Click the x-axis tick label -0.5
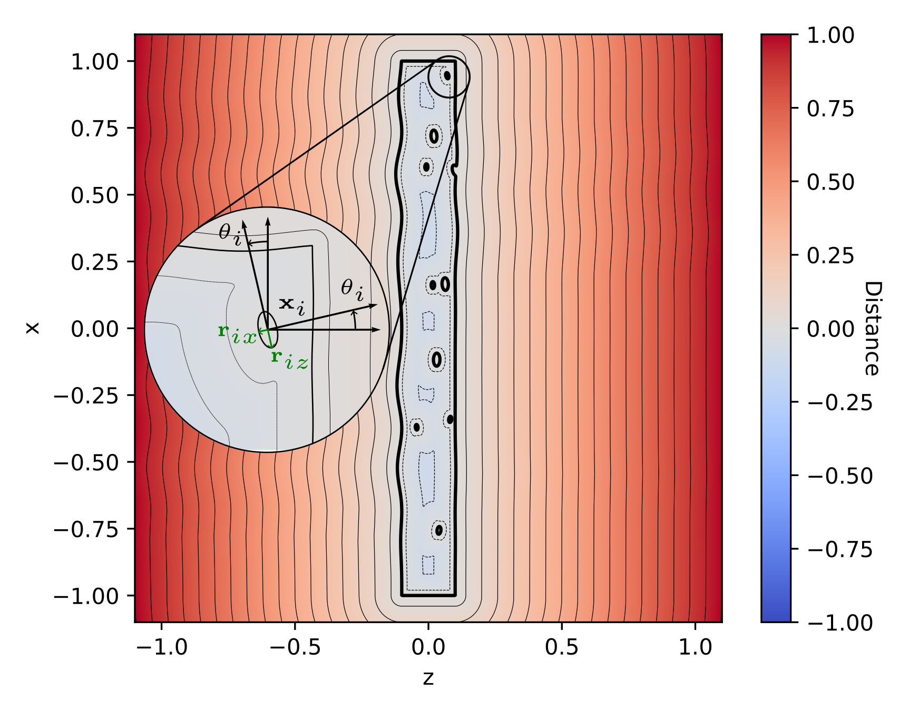pos(295,647)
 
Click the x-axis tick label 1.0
pos(695,647)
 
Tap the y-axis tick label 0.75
pos(95,129)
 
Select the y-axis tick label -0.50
pos(86,462)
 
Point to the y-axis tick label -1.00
pos(86,596)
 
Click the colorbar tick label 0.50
pos(830,182)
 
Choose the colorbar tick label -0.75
pos(840,550)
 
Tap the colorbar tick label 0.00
pos(830,329)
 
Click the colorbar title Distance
pos(872,328)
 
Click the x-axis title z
pos(428,678)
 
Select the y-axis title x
pos(33,328)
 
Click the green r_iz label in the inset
pos(289,359)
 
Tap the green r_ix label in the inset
pos(237,334)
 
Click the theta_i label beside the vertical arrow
pos(230,234)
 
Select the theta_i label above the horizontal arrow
pos(353,290)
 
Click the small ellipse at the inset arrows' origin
pos(267,327)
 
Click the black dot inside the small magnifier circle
pos(447,75)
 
